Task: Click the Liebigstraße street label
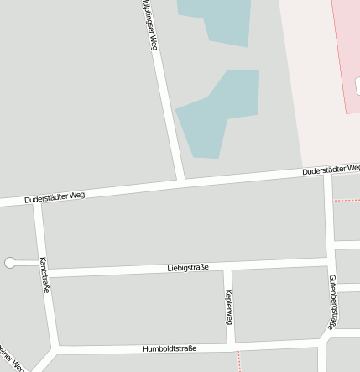pyautogui.click(x=188, y=267)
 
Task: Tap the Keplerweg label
pyautogui.click(x=229, y=307)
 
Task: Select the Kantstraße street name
pyautogui.click(x=44, y=275)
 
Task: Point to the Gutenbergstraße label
pyautogui.click(x=333, y=301)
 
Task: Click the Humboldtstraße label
pyautogui.click(x=170, y=348)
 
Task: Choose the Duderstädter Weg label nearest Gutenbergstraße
pyautogui.click(x=331, y=170)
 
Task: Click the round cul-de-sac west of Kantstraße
pyautogui.click(x=10, y=263)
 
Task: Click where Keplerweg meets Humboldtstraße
pyautogui.click(x=230, y=345)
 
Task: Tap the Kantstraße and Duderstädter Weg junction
pyautogui.click(x=36, y=202)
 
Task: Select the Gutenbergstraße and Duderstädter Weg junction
pyautogui.click(x=328, y=175)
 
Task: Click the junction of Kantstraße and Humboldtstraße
pyautogui.click(x=55, y=346)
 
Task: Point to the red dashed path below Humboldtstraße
pyautogui.click(x=239, y=361)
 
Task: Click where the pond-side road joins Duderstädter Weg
pyautogui.click(x=181, y=181)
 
